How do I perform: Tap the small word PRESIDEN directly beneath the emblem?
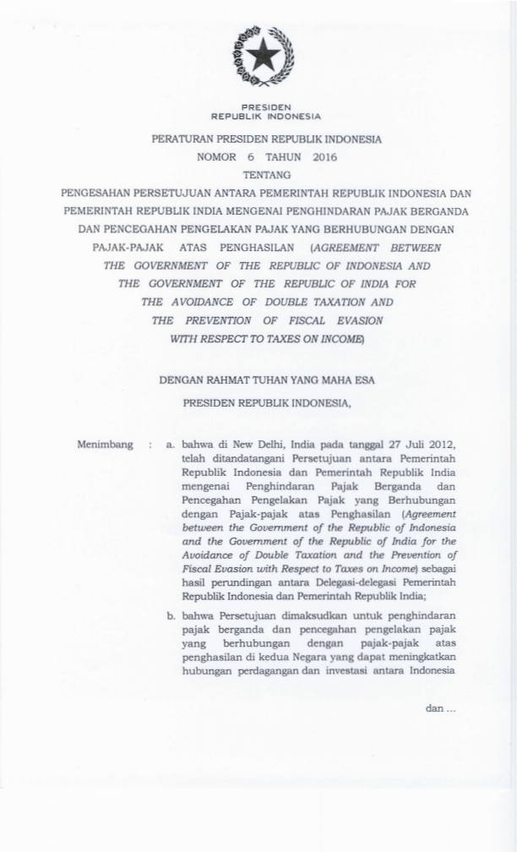266,107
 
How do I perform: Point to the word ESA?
364,381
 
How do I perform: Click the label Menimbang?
105,445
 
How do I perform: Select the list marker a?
171,445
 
